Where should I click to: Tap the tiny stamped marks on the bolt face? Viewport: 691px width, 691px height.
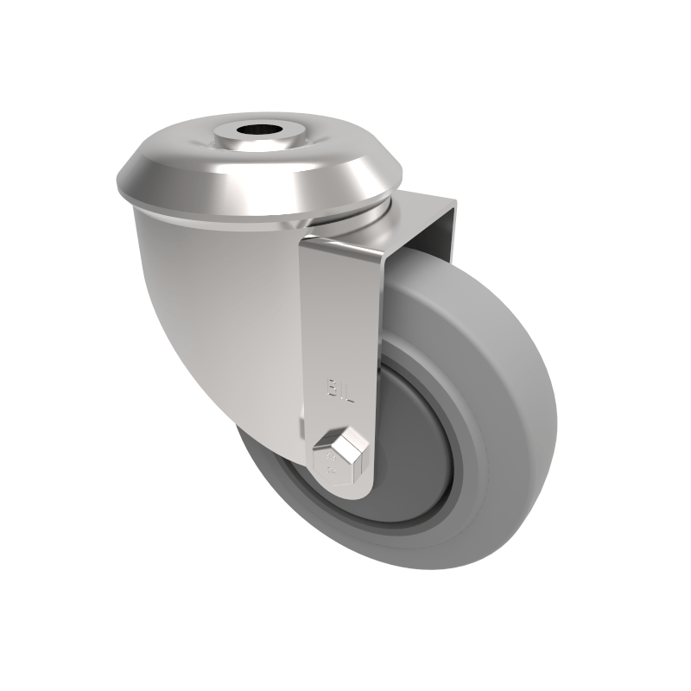(x=329, y=471)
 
